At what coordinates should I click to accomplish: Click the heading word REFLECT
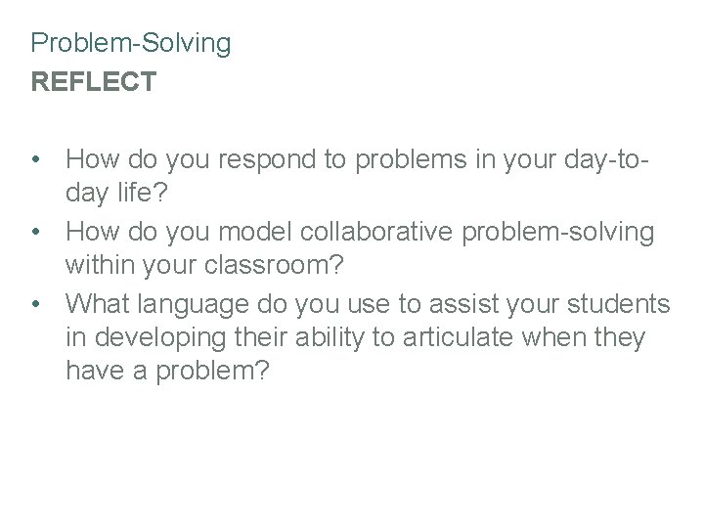pos(93,82)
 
